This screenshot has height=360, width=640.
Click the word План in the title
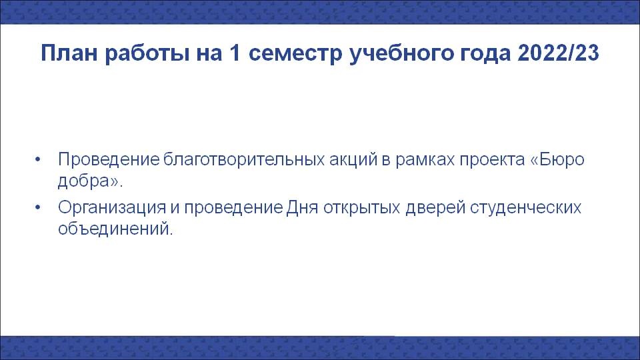[69, 53]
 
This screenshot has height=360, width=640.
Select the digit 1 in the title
[235, 53]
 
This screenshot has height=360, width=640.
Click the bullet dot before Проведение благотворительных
[38, 159]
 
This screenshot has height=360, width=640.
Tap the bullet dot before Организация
[38, 208]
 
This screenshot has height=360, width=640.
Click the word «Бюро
[557, 159]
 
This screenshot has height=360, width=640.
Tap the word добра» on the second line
[89, 181]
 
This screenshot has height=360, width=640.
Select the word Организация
[112, 208]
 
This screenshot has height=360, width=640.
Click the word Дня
[302, 208]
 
